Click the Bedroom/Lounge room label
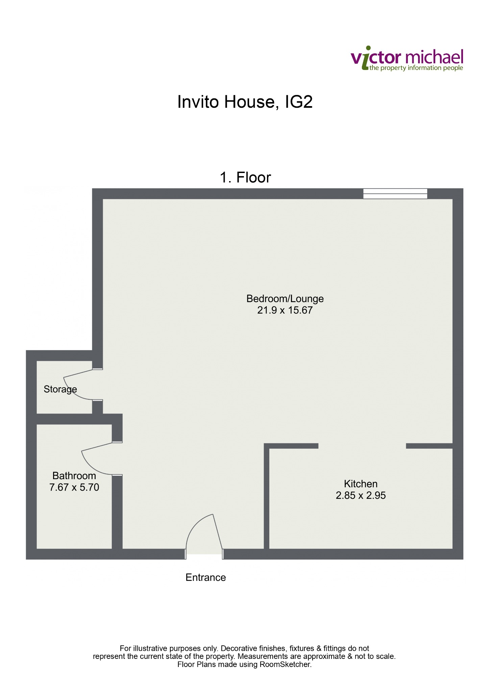point(285,299)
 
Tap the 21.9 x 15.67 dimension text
point(285,310)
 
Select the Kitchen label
point(361,484)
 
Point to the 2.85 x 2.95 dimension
point(361,495)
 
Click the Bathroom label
point(74,476)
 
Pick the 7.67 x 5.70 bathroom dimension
point(74,487)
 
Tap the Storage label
point(60,389)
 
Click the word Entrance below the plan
point(205,577)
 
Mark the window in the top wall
point(395,194)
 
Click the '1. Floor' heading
point(245,178)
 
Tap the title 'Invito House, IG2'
point(245,102)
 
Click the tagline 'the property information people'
point(416,68)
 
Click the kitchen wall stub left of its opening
point(291,446)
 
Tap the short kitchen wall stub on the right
point(429,446)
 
